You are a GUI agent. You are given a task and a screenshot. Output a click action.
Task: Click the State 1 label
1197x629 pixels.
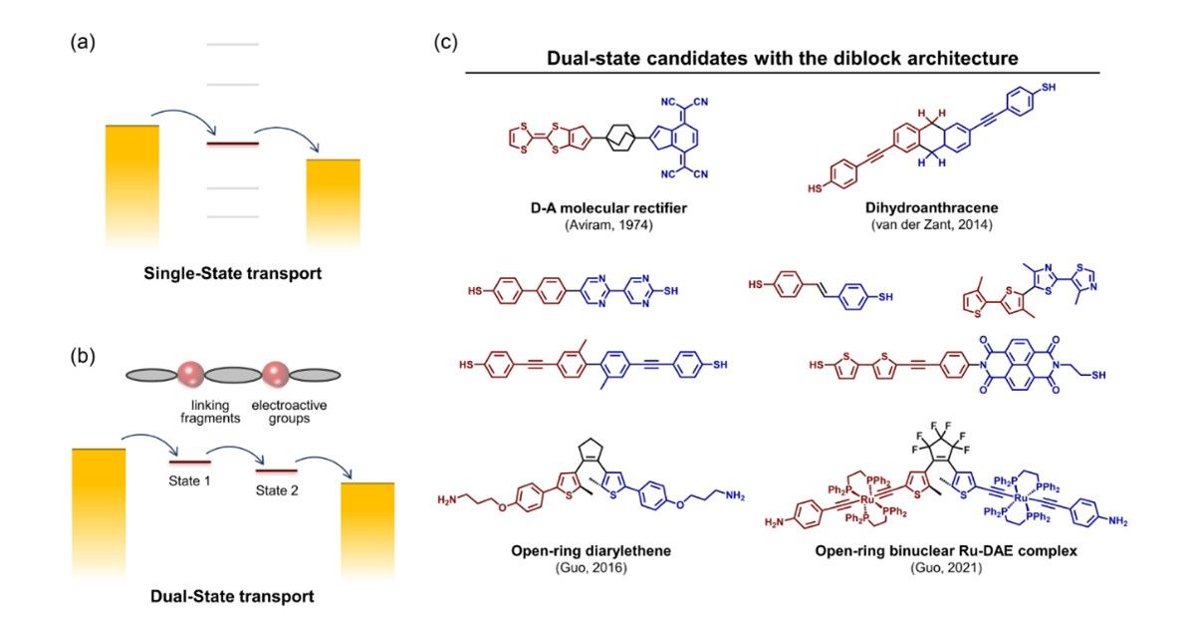[x=188, y=479]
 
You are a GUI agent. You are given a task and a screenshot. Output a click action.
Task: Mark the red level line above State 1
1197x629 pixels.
[x=188, y=462]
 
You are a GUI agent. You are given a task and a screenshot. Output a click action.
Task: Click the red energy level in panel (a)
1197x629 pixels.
[x=232, y=145]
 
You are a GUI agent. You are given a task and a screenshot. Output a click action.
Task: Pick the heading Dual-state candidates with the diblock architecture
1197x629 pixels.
[x=782, y=58]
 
